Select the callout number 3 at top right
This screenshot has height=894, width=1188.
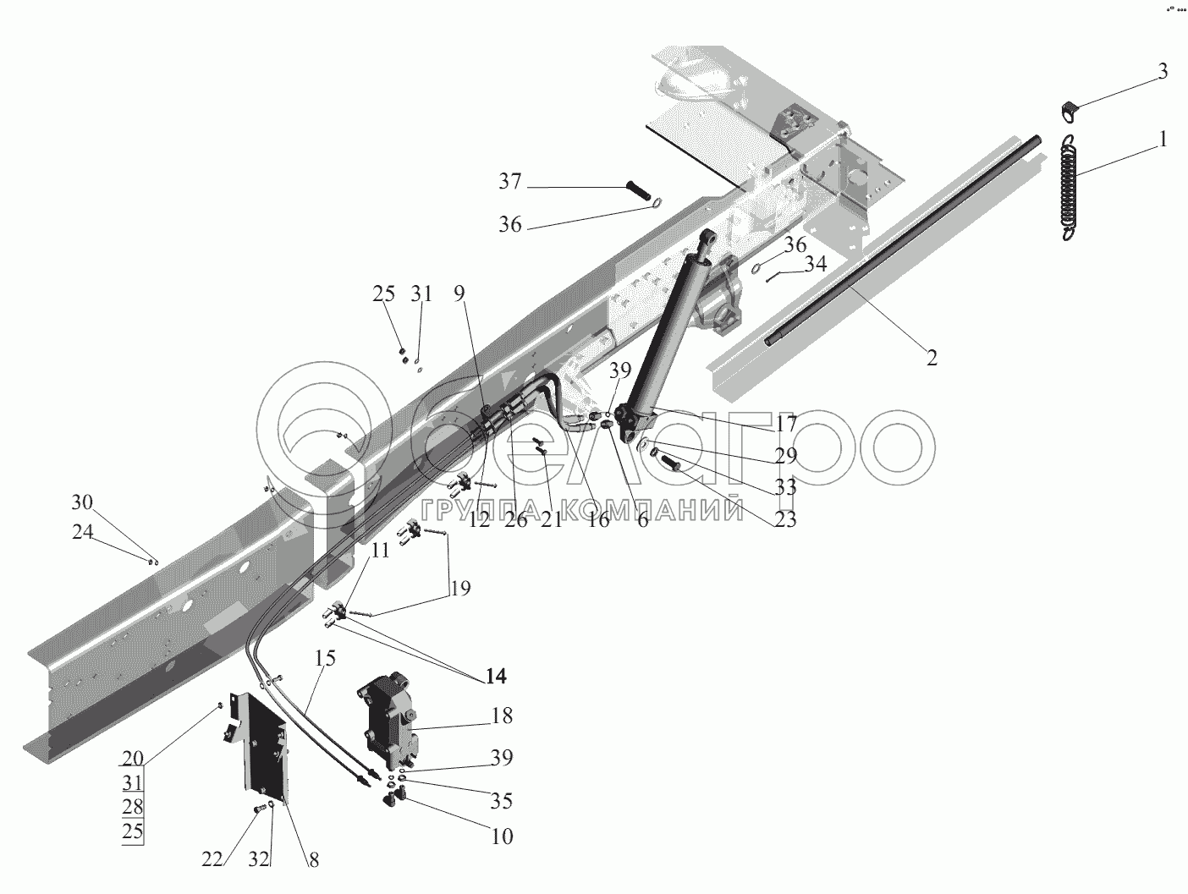(x=1162, y=72)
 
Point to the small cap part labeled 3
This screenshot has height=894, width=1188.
(x=1067, y=112)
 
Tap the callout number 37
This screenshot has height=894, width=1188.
(x=510, y=181)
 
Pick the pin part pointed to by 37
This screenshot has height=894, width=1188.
(x=642, y=192)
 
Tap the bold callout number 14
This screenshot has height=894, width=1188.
(x=496, y=676)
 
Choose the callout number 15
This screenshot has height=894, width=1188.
(x=325, y=658)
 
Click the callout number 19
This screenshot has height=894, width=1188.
(x=460, y=587)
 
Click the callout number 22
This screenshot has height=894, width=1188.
(x=212, y=859)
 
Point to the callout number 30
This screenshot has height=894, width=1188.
(x=82, y=502)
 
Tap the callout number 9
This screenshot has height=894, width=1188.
(x=459, y=293)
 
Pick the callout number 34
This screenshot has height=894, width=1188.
(x=816, y=264)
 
